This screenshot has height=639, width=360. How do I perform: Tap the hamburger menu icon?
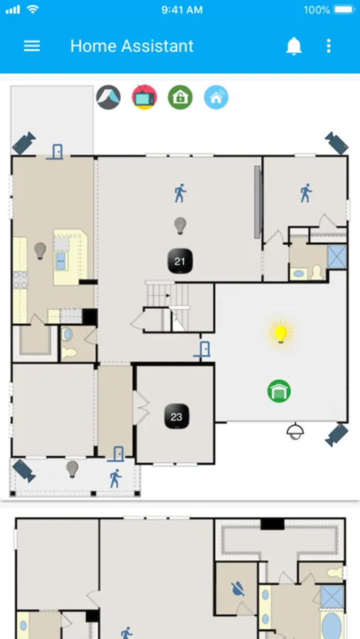32,46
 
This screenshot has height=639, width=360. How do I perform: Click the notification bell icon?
293,46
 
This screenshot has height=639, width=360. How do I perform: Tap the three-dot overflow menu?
329,46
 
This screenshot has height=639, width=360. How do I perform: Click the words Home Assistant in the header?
131,46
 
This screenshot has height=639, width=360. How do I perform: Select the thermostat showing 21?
180,261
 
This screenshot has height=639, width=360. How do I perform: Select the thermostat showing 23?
177,416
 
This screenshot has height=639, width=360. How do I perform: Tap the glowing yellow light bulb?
280,332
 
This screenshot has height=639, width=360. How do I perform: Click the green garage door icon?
279,390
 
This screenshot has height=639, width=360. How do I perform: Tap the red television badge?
144,97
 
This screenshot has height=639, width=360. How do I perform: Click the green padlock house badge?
180,97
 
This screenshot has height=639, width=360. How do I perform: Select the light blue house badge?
216,97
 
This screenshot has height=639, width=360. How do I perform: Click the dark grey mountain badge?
109,97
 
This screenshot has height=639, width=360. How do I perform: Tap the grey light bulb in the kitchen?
40,251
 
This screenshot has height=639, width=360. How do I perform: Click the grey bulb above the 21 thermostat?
180,225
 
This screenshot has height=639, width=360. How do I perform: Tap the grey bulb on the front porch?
72,469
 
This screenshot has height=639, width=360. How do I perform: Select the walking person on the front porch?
115,479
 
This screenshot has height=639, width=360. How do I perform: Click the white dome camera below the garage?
295,431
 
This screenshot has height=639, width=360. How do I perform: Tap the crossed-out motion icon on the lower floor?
238,589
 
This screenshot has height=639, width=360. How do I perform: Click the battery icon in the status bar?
344,10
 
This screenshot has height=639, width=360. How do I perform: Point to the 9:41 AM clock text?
182,10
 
